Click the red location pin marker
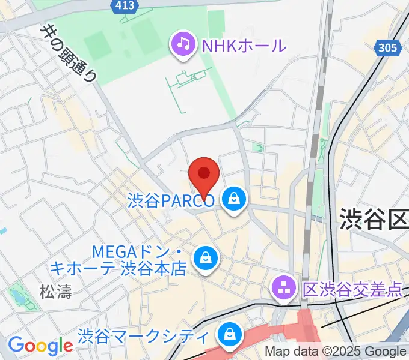[x=204, y=175]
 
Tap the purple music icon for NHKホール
[x=182, y=45]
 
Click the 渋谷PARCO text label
[x=171, y=200]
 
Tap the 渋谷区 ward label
[x=374, y=219]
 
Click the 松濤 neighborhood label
[x=55, y=292]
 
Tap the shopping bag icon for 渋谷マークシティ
[x=229, y=334]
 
